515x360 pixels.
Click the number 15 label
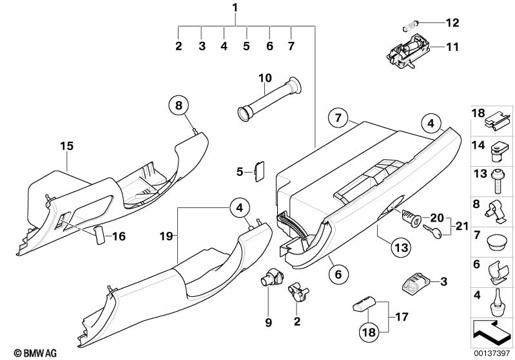(67, 146)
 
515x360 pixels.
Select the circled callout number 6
(336, 274)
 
